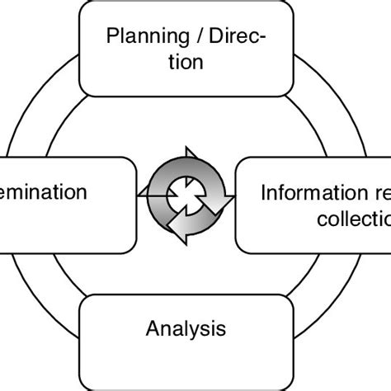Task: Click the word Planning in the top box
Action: point(141,37)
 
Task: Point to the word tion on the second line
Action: point(185,62)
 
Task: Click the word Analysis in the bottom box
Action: point(186,330)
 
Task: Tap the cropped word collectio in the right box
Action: point(356,219)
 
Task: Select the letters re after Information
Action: point(375,193)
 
